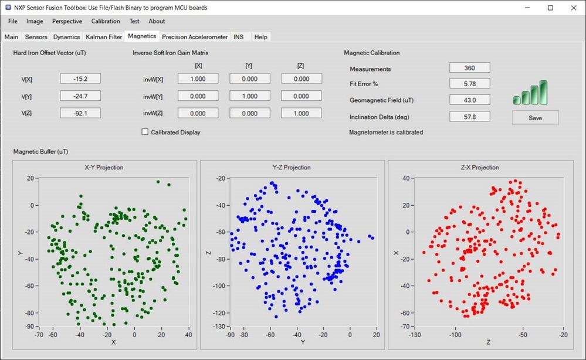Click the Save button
pyautogui.click(x=535, y=118)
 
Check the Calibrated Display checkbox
pyautogui.click(x=145, y=133)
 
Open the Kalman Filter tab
pyautogui.click(x=104, y=37)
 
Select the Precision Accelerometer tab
pyautogui.click(x=195, y=37)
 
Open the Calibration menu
pyautogui.click(x=106, y=22)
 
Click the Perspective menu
pyautogui.click(x=67, y=22)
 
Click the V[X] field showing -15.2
pyautogui.click(x=80, y=79)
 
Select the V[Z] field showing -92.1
pyautogui.click(x=80, y=113)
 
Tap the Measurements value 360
pyautogui.click(x=469, y=69)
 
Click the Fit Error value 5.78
pyautogui.click(x=469, y=84)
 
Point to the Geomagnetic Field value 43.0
pyautogui.click(x=469, y=100)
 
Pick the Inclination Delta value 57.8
pyautogui.click(x=469, y=117)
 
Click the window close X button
pyautogui.click(x=572, y=8)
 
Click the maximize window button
pyautogui.click(x=550, y=8)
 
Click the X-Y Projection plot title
pyautogui.click(x=104, y=168)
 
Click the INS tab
pyautogui.click(x=238, y=37)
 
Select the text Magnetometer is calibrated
pyautogui.click(x=385, y=133)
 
